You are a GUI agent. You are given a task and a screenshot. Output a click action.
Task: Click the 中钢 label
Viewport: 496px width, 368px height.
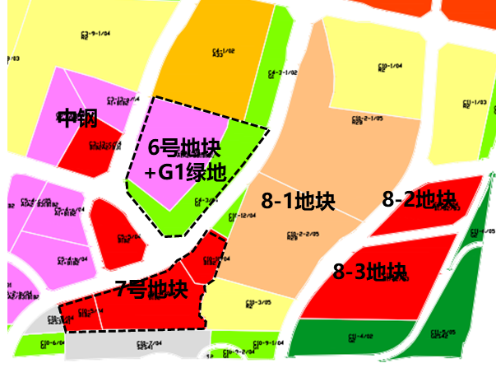(77, 119)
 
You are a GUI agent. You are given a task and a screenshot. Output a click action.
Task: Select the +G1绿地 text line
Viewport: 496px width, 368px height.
(185, 174)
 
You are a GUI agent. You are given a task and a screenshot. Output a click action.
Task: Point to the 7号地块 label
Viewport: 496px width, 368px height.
(151, 290)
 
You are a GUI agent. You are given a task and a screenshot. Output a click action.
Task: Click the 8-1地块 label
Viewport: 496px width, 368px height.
(298, 201)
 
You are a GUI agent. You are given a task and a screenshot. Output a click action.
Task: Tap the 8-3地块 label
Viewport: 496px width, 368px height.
(370, 271)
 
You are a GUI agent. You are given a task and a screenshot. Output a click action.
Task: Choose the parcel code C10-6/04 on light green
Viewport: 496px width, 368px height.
(52, 343)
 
